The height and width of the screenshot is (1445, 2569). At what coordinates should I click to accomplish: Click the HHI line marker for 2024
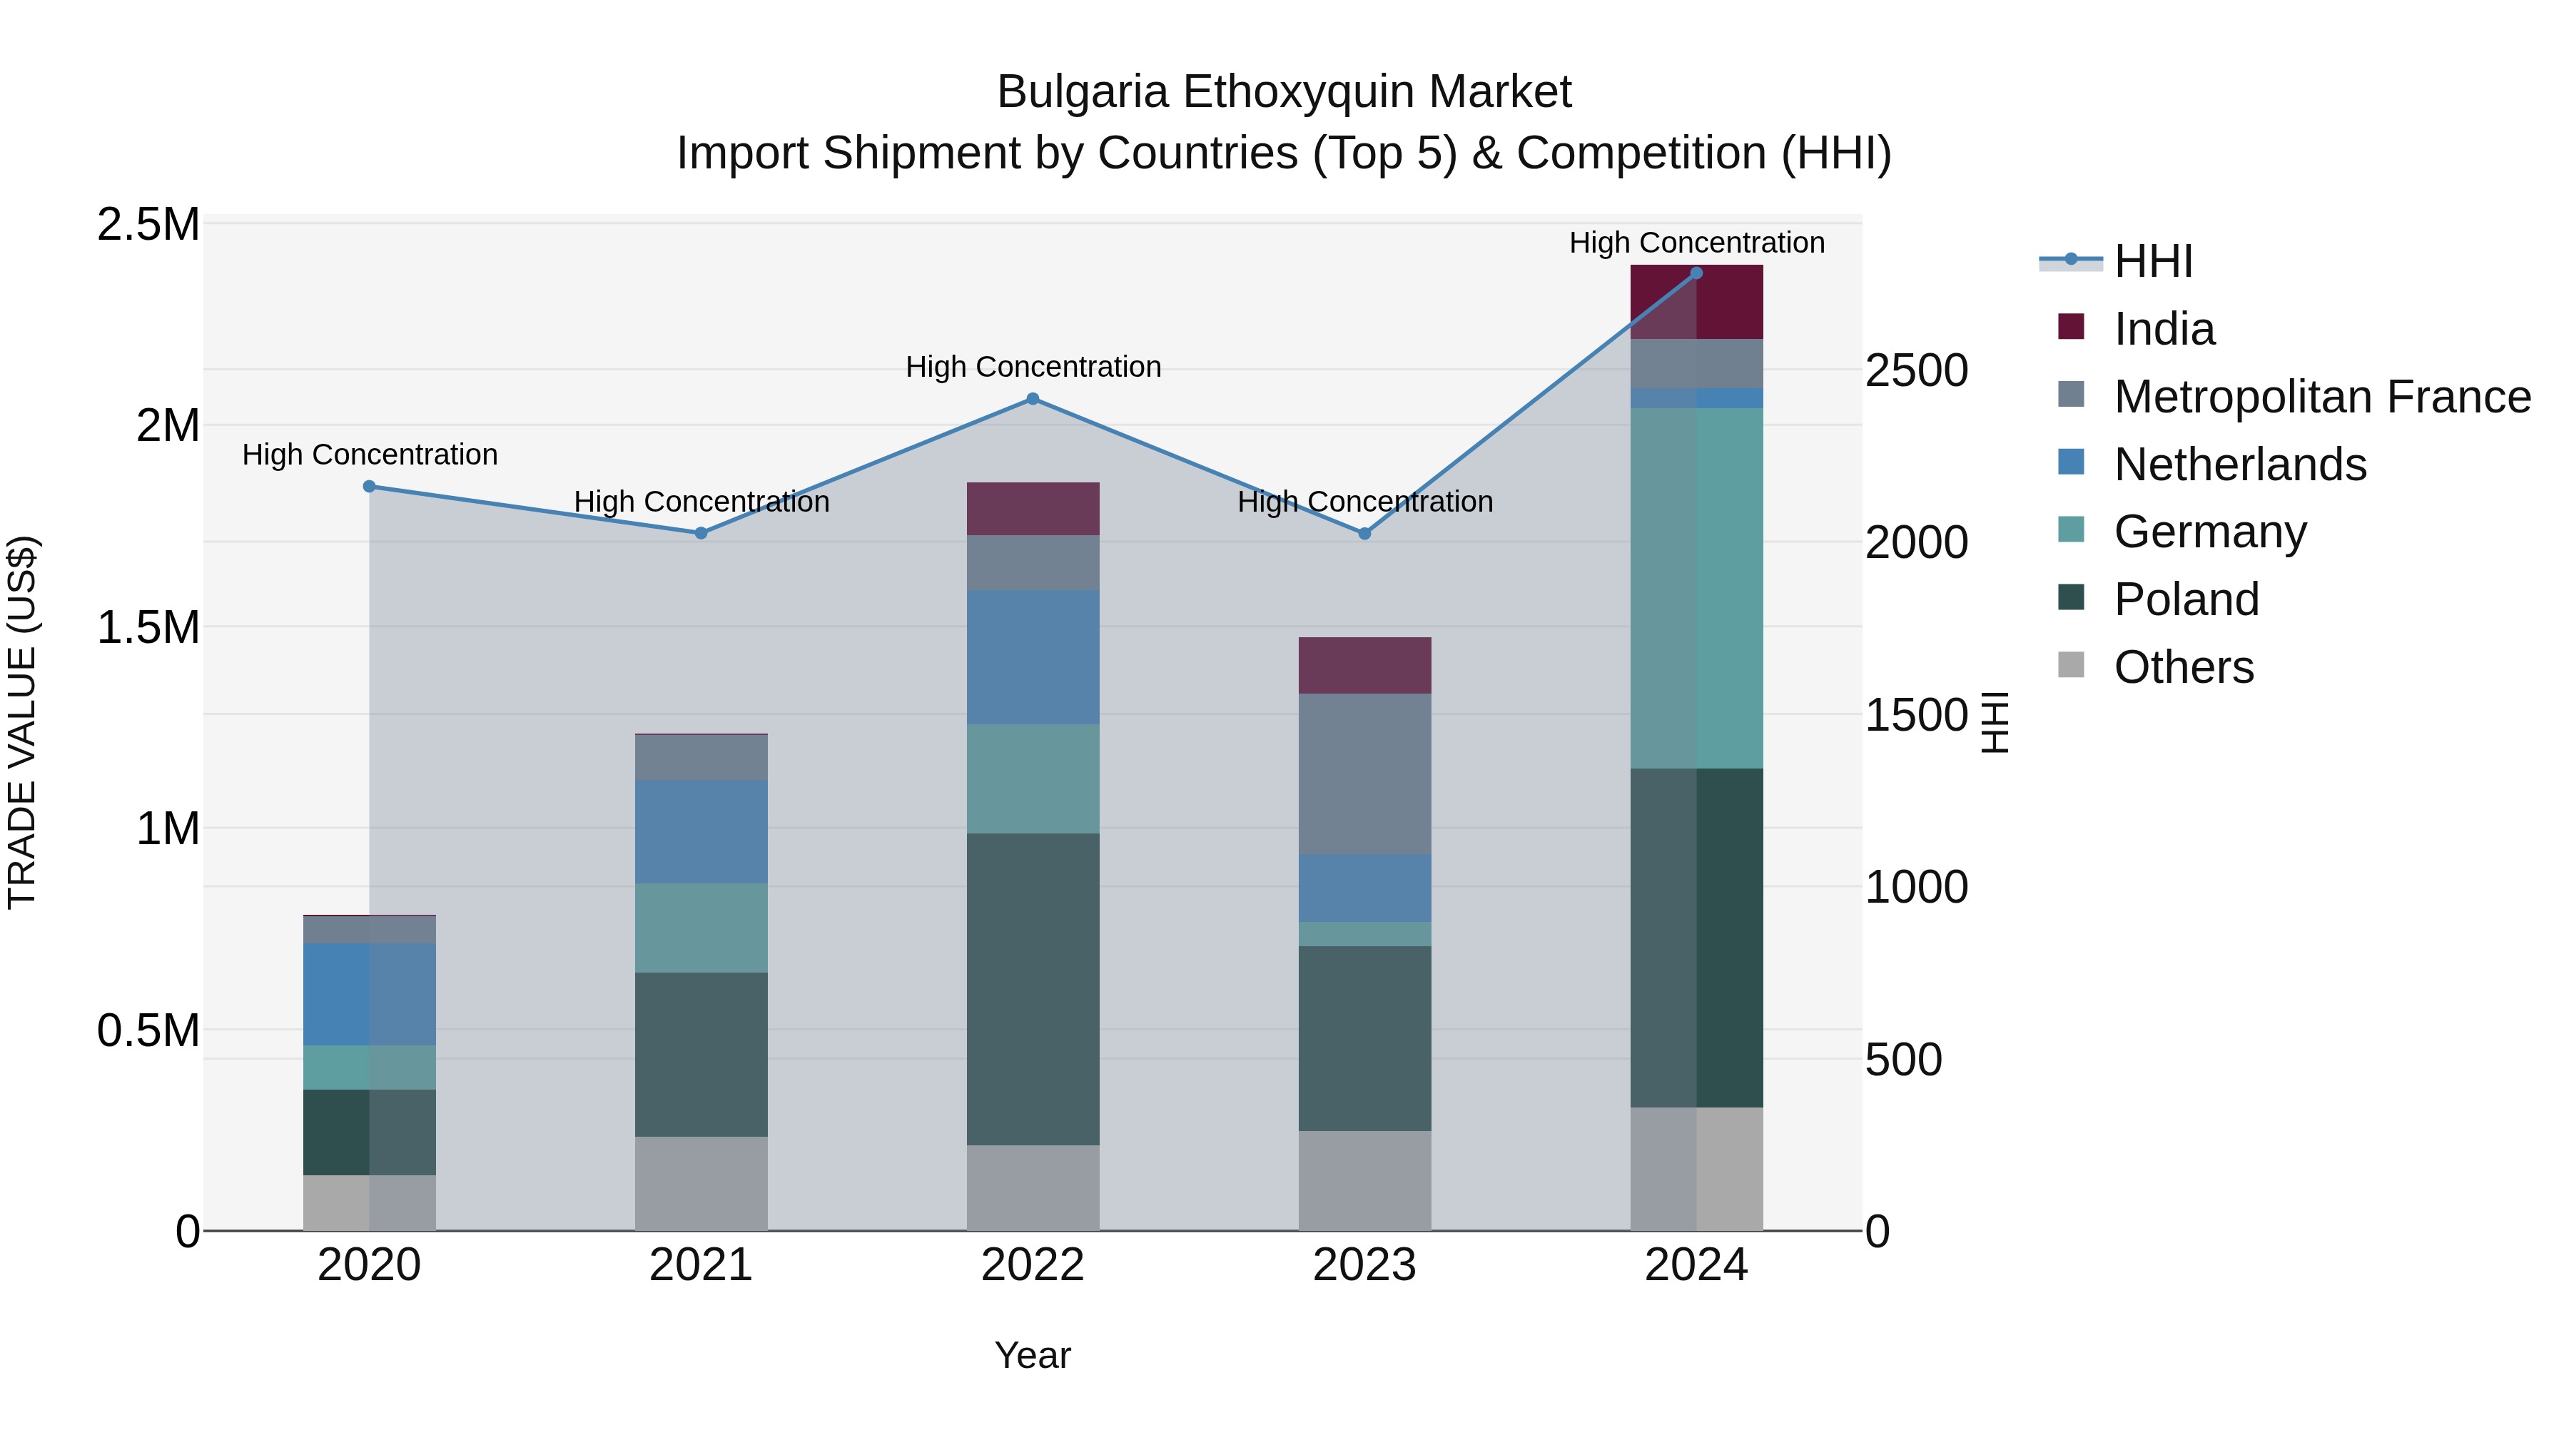point(1696,273)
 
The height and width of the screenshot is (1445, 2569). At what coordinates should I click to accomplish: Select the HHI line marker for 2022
point(1033,399)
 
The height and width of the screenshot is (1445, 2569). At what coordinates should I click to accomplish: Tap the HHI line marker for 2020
point(369,487)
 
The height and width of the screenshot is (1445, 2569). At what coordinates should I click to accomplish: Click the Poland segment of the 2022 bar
point(1033,989)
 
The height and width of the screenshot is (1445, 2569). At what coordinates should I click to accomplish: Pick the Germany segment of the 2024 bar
point(1696,589)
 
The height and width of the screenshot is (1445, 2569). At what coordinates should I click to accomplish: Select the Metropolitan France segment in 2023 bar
point(1364,774)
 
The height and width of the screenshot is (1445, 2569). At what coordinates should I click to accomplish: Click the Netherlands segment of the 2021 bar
point(701,832)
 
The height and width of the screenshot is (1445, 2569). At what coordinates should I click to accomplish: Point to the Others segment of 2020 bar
point(369,1202)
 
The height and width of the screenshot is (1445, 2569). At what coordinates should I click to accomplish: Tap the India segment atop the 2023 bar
point(1364,665)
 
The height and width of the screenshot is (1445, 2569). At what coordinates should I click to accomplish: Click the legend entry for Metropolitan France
point(2321,397)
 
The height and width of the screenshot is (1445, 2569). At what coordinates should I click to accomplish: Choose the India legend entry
point(2164,329)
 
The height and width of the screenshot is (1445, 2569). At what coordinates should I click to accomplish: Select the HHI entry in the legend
point(2152,261)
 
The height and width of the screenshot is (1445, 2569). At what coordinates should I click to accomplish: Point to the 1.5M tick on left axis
point(148,628)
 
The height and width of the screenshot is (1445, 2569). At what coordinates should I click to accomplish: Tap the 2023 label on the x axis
point(1364,1265)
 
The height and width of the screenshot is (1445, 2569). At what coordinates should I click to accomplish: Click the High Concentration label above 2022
point(1033,367)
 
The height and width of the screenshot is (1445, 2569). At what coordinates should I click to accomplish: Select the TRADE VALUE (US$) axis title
point(22,722)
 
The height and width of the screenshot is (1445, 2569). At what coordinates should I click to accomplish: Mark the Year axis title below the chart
point(1032,1355)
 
